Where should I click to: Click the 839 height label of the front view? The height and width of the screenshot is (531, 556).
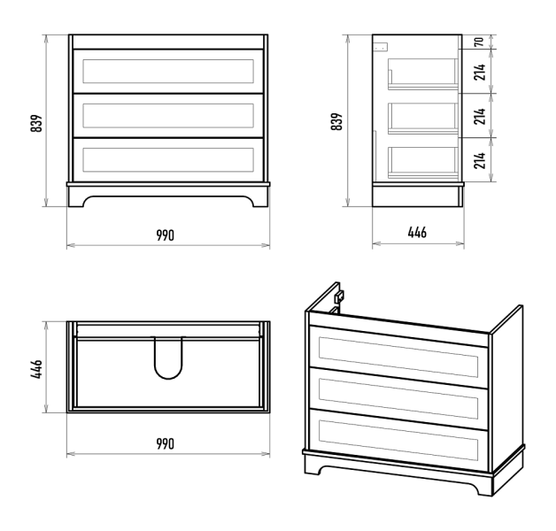coord(36,123)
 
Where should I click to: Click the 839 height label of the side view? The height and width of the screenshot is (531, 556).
coord(336,121)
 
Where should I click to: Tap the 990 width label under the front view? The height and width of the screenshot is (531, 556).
coord(166,235)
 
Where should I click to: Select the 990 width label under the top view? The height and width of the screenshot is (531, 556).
coord(166,443)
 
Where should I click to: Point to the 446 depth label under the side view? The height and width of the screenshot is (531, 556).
coord(417,233)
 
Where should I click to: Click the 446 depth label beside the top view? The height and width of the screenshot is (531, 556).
coord(36,369)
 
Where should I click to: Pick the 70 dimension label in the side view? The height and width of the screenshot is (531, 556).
coord(479,42)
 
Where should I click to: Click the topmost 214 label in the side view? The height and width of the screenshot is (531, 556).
coord(480,72)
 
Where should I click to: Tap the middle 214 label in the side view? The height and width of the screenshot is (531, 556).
coord(480,116)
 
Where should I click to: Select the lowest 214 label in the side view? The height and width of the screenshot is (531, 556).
coord(480,160)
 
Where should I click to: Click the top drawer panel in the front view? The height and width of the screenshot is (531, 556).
coord(168,72)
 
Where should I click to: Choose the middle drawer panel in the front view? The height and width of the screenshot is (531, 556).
coord(168,116)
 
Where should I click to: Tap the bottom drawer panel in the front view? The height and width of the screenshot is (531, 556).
coord(168,160)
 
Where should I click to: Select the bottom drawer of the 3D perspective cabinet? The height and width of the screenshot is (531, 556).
coord(398,440)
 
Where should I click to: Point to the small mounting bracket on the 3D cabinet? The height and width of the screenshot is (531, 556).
coord(339,296)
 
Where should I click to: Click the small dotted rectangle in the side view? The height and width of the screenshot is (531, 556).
coord(382,47)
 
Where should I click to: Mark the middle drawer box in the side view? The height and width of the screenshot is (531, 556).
coord(423,118)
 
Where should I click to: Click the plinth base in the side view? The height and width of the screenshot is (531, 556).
coord(418,195)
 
